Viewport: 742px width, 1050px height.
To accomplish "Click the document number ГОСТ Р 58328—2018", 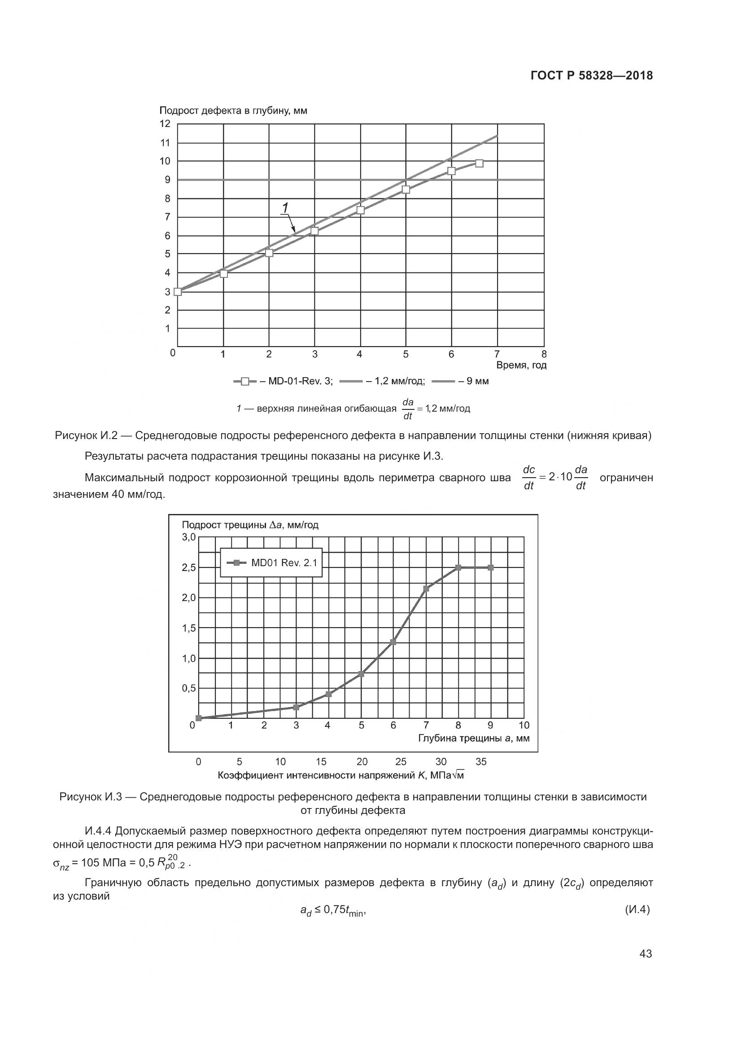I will [592, 75].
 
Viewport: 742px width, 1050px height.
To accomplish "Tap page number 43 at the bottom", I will [646, 953].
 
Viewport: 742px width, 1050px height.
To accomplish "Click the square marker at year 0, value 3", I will [178, 292].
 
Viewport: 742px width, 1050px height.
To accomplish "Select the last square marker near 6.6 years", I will [479, 163].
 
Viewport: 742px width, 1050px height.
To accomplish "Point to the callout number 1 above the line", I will [285, 208].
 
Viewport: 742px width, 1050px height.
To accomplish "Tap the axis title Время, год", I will [521, 365].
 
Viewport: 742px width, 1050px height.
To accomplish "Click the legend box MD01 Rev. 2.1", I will [271, 563].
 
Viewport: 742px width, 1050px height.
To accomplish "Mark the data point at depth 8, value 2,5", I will [458, 567].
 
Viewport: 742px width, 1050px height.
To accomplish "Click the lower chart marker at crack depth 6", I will [393, 642].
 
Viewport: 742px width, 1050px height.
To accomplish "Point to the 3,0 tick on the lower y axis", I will [188, 537].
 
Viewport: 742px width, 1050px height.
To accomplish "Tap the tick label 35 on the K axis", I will [480, 762].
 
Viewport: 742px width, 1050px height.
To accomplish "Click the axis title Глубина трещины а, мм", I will [474, 738].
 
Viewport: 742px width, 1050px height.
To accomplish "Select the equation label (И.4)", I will [637, 909].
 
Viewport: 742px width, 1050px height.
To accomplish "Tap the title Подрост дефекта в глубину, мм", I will [233, 111].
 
